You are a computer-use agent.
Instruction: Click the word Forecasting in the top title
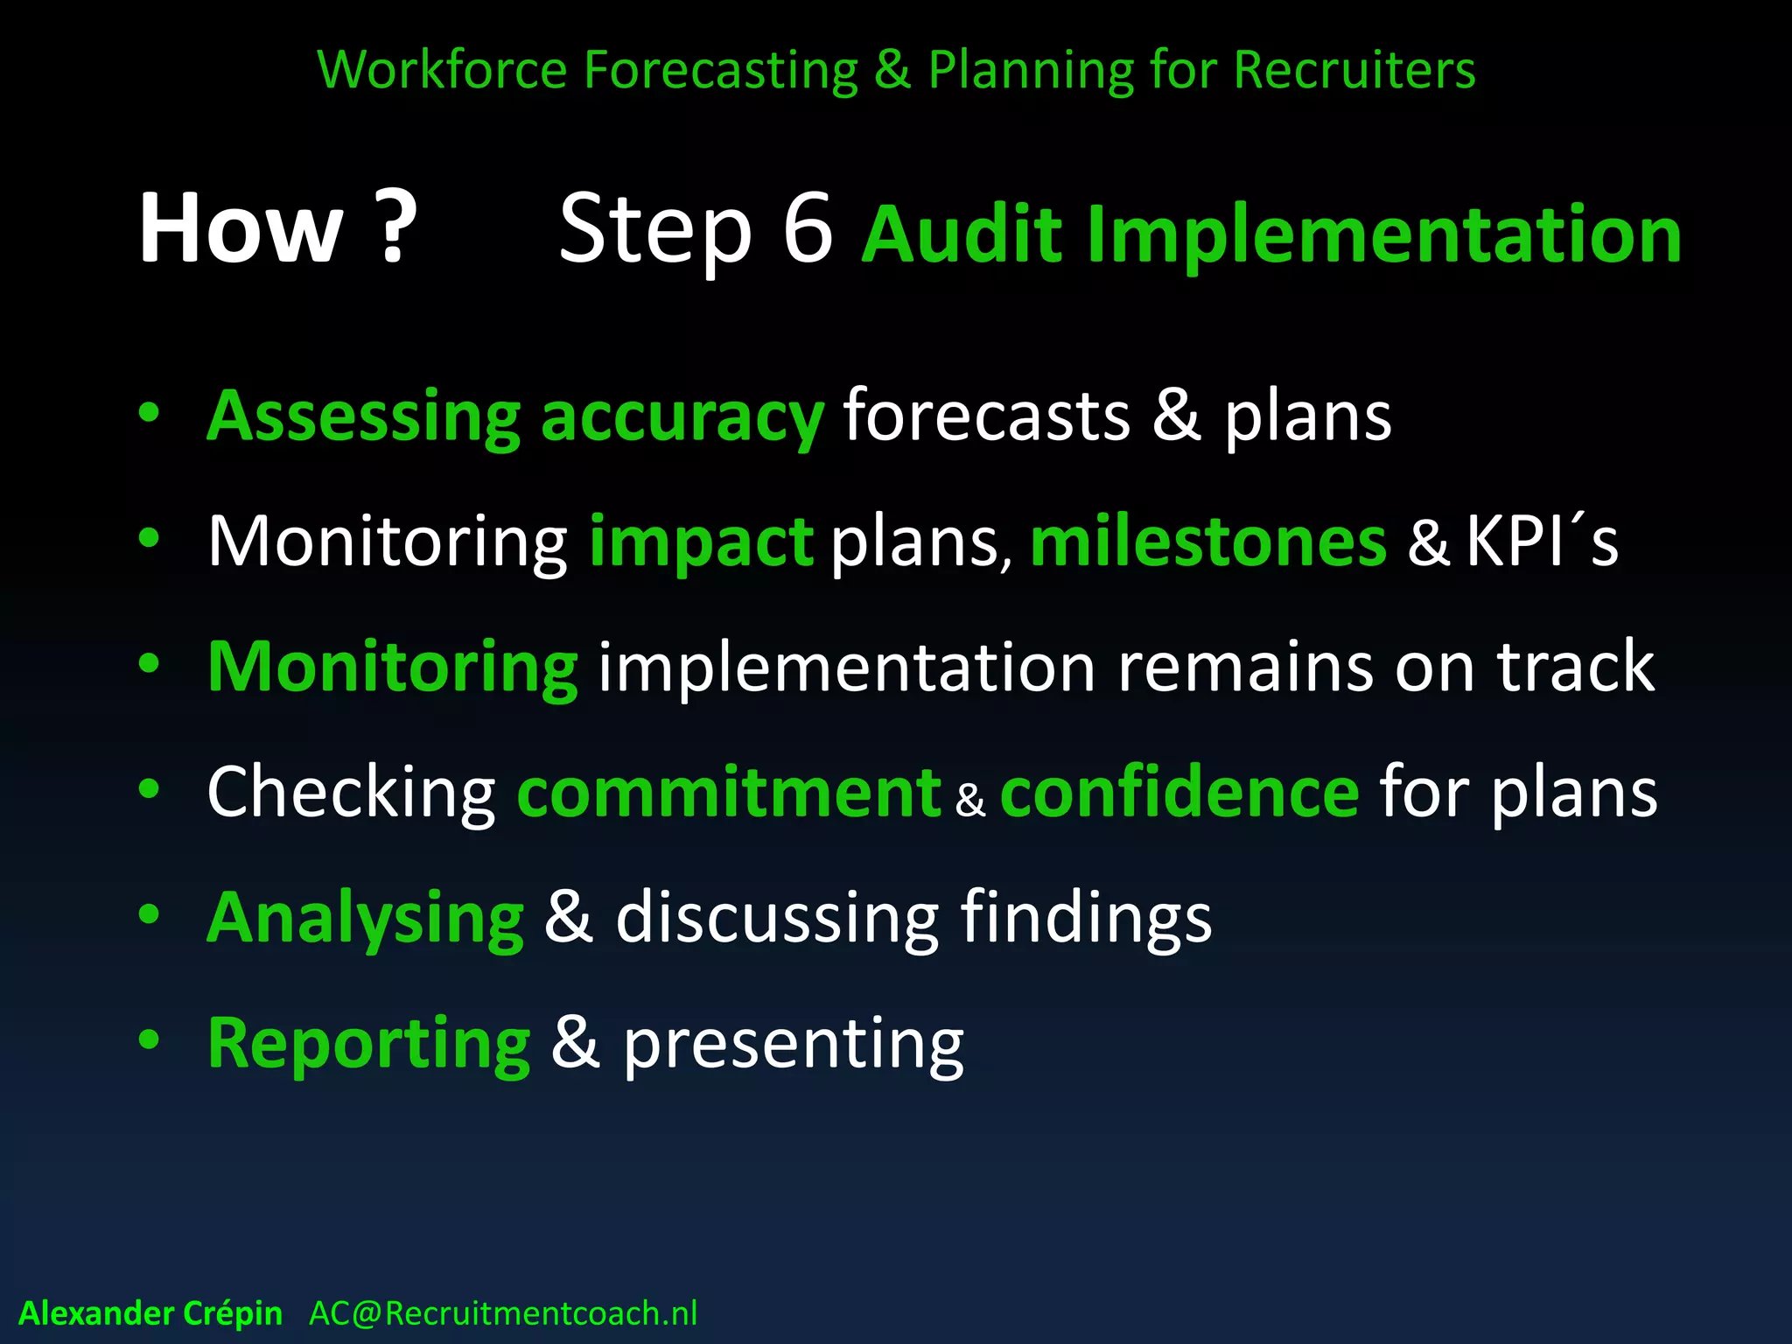(720, 70)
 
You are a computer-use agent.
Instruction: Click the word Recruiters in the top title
(1354, 70)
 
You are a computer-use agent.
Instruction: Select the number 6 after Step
(807, 229)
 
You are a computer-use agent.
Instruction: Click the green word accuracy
(682, 416)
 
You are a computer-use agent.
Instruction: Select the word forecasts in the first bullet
(985, 416)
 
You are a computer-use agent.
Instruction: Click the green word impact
(701, 542)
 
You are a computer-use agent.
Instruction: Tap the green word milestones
(1208, 542)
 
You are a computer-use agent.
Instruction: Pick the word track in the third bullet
(1575, 667)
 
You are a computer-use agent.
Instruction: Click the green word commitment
(728, 793)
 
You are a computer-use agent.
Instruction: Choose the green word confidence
(1179, 793)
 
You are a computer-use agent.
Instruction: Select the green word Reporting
(368, 1044)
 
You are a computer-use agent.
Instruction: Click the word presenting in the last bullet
(793, 1044)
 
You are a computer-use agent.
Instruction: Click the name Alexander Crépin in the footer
(150, 1313)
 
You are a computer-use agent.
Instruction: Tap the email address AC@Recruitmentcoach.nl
(503, 1313)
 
